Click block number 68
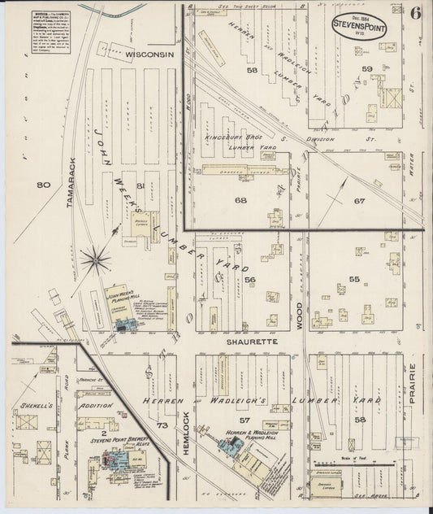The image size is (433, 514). pyautogui.click(x=240, y=200)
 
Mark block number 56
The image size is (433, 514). pyautogui.click(x=250, y=280)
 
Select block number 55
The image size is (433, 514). pyautogui.click(x=354, y=279)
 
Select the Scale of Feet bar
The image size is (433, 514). pyautogui.click(x=369, y=468)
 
